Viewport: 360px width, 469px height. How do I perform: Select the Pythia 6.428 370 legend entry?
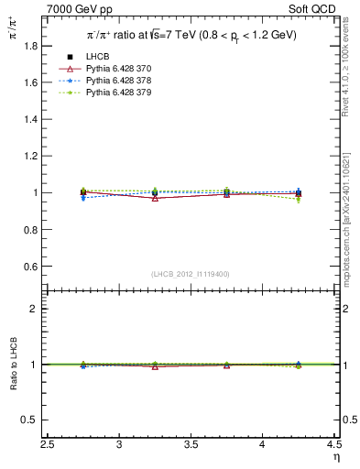point(121,70)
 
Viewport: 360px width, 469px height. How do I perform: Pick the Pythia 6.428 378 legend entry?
point(121,82)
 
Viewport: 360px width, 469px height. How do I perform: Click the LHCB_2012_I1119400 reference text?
point(191,274)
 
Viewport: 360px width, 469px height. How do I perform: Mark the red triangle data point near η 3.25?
point(155,198)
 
